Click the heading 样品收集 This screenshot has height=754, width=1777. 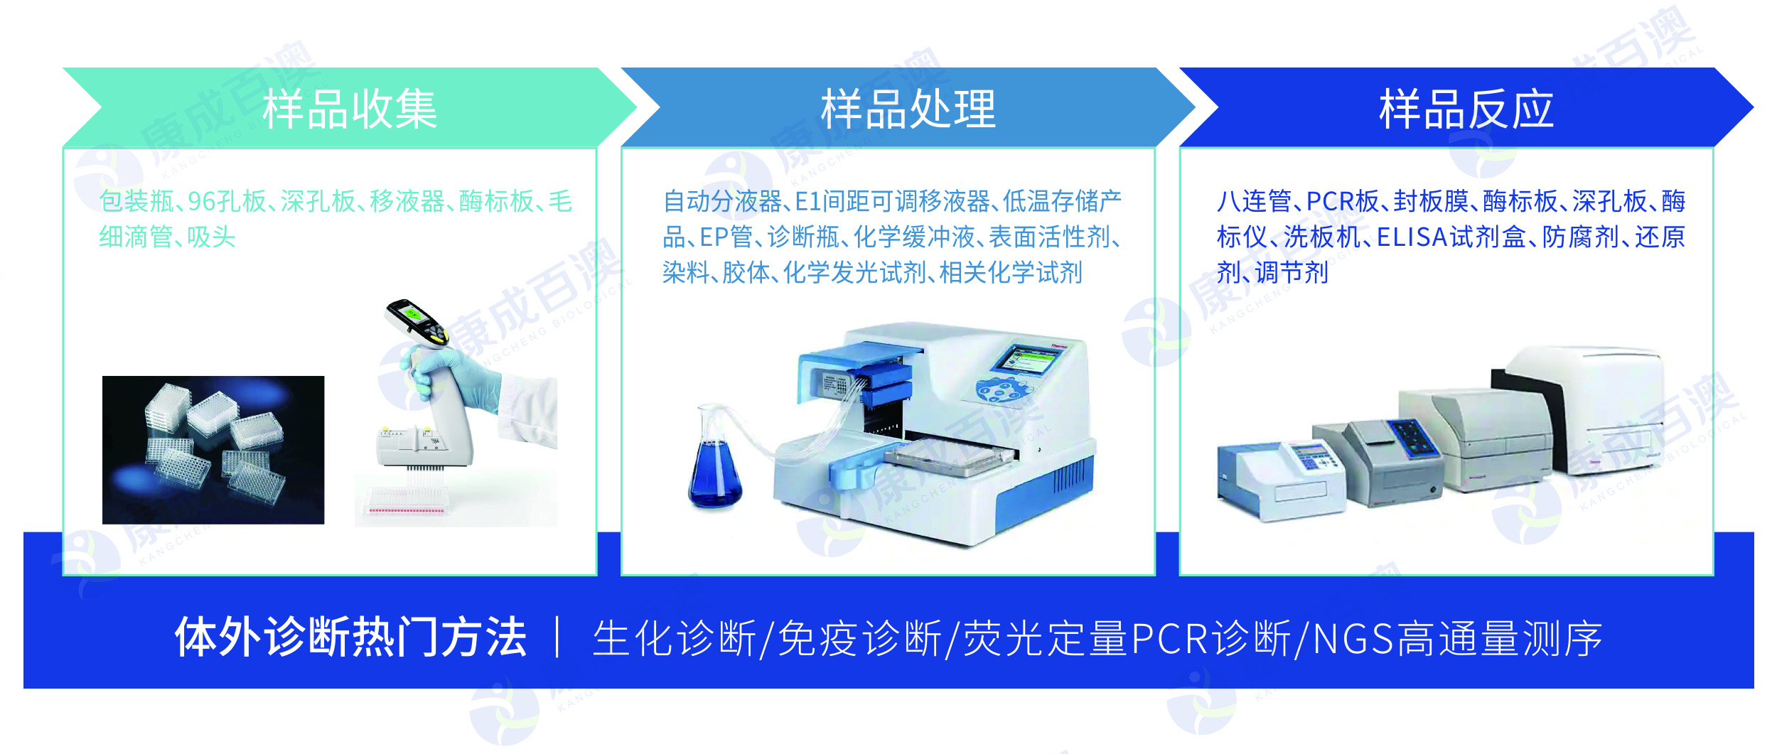click(350, 109)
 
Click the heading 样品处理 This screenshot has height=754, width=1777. click(908, 109)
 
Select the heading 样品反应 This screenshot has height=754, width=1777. click(1466, 109)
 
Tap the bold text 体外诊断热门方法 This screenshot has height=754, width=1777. click(350, 637)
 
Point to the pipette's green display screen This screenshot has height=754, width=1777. click(412, 312)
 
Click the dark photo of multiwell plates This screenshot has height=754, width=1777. click(213, 450)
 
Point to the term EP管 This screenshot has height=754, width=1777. click(726, 237)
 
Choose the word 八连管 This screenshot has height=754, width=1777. click(1254, 202)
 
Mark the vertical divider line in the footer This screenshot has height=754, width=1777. click(558, 637)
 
